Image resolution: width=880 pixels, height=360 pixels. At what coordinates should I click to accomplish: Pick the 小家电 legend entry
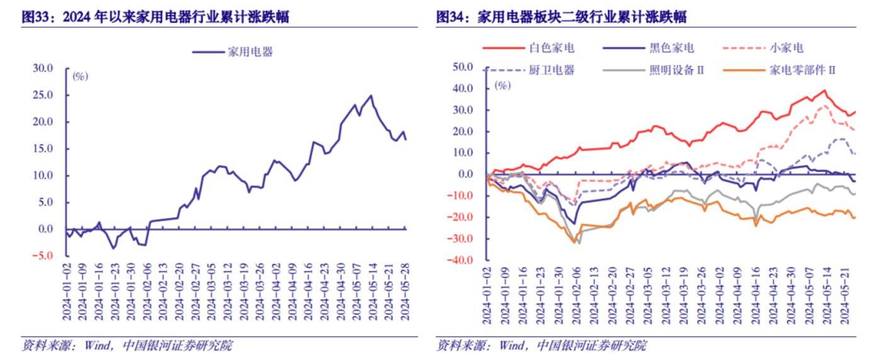[786, 48]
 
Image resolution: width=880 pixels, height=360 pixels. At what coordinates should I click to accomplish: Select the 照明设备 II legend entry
[676, 70]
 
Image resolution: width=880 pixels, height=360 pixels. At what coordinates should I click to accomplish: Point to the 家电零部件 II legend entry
[802, 70]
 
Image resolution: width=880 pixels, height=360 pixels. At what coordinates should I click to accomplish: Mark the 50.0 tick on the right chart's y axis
[466, 67]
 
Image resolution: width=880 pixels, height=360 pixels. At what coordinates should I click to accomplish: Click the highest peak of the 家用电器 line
[371, 96]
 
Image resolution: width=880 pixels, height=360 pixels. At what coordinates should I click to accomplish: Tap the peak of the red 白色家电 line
[825, 90]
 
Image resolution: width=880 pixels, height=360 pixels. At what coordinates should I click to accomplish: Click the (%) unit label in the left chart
[80, 76]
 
